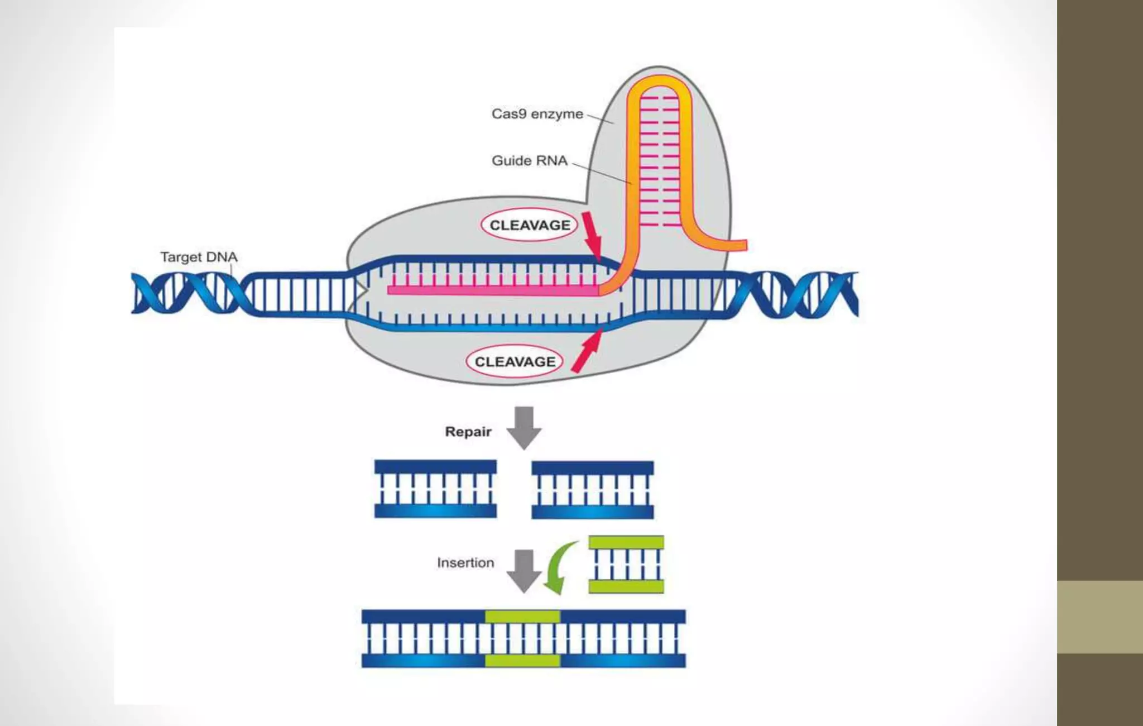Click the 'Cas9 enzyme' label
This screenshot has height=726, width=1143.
click(537, 114)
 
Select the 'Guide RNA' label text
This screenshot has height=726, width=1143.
click(529, 161)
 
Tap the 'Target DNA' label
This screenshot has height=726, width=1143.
click(199, 257)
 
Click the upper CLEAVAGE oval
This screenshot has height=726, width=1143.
click(530, 225)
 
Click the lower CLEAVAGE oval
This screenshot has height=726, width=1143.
click(515, 362)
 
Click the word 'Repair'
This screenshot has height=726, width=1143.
click(468, 432)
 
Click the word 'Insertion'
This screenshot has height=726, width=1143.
click(465, 563)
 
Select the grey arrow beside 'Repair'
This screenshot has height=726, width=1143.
click(524, 427)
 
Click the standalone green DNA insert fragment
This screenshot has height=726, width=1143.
click(626, 564)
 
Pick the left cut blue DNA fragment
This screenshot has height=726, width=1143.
click(435, 489)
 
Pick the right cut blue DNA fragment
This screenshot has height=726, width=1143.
click(592, 489)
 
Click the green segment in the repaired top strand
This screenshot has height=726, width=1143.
click(522, 617)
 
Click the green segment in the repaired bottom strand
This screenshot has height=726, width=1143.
click(522, 661)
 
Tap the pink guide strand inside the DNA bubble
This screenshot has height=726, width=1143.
click(491, 290)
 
